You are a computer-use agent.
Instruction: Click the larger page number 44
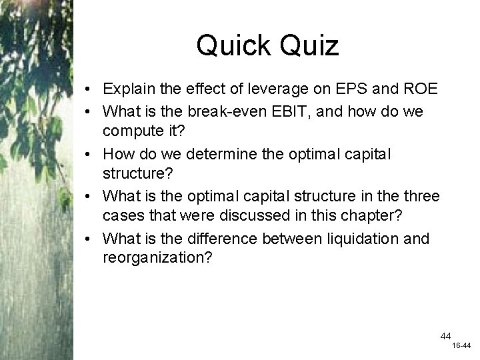[445, 336]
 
